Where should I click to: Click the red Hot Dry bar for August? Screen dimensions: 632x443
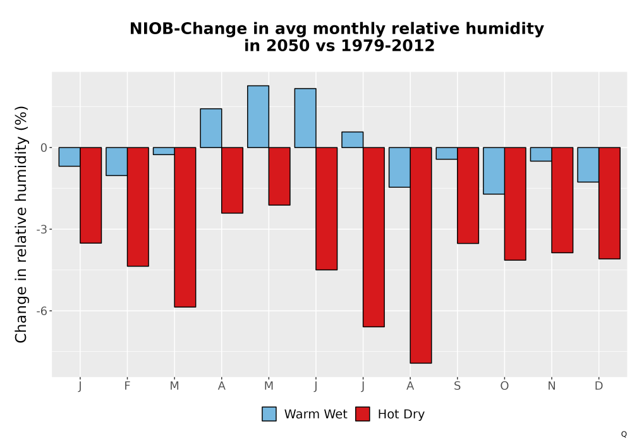(x=421, y=256)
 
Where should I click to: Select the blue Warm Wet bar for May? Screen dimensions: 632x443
(x=258, y=116)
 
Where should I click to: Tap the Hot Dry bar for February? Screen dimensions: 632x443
(x=138, y=206)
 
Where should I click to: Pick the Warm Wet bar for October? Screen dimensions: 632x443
(x=494, y=171)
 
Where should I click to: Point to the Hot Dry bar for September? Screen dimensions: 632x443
(x=468, y=196)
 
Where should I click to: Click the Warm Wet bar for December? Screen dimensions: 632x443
(x=588, y=165)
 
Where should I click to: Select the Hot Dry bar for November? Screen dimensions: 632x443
(x=562, y=200)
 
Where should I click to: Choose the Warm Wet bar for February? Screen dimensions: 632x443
(x=117, y=161)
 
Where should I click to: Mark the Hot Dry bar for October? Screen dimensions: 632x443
(x=515, y=204)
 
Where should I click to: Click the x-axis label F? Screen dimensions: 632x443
(x=128, y=386)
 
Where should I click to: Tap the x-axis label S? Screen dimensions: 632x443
(x=457, y=386)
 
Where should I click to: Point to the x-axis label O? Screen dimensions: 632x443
(x=504, y=386)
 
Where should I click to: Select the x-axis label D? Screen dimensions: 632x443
(x=599, y=386)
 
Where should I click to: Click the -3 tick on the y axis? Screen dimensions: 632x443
(x=42, y=230)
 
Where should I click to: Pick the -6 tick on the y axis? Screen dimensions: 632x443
(x=42, y=311)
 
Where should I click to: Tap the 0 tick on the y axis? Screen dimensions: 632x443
(x=44, y=147)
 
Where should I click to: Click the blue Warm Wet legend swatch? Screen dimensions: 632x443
(x=269, y=414)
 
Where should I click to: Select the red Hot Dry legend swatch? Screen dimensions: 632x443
(x=363, y=414)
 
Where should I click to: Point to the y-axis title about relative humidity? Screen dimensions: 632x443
(x=21, y=224)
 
